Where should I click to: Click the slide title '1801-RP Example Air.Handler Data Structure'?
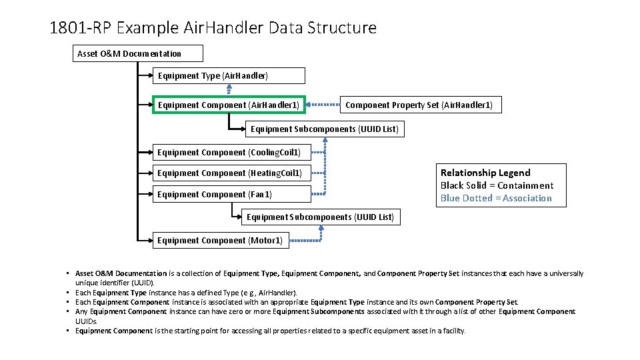coord(213,28)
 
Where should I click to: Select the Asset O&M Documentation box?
coord(137,53)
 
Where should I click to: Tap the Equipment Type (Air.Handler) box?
coord(229,75)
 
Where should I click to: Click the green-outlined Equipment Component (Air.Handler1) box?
coord(229,105)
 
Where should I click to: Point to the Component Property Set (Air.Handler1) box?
coord(419,105)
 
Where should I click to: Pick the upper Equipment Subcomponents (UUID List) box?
coord(325,129)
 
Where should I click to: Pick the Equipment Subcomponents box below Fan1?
coord(321,217)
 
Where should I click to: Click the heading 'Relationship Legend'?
coord(485,173)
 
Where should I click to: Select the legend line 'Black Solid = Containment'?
coord(497,185)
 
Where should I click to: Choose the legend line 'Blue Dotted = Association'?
coord(496,198)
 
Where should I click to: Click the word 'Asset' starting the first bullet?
coord(84,273)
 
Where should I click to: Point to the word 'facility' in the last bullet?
coord(453,331)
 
